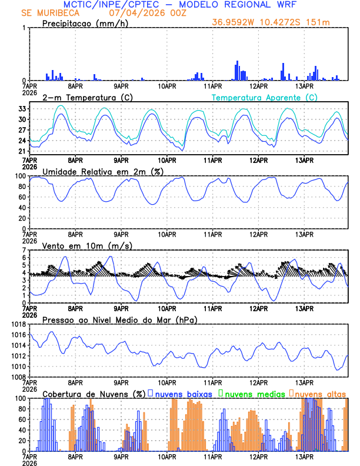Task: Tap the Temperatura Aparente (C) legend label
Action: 265,97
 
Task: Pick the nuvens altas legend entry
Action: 320,393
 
